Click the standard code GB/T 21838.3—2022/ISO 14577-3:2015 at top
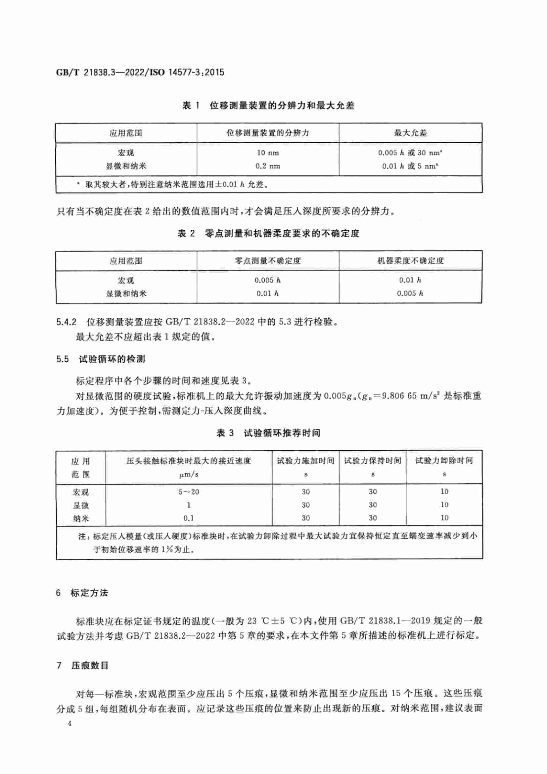click(140, 72)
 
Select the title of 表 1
click(268, 106)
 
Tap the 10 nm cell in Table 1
click(268, 153)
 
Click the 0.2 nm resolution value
click(268, 166)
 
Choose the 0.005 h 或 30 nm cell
click(410, 153)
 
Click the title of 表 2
click(268, 233)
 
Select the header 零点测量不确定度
click(268, 260)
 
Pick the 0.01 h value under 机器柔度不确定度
click(410, 280)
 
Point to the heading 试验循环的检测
click(112, 359)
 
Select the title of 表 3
click(268, 433)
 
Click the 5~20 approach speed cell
click(189, 492)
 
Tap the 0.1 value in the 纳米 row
click(189, 518)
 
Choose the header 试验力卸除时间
click(444, 461)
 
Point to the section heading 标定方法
click(89, 593)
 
